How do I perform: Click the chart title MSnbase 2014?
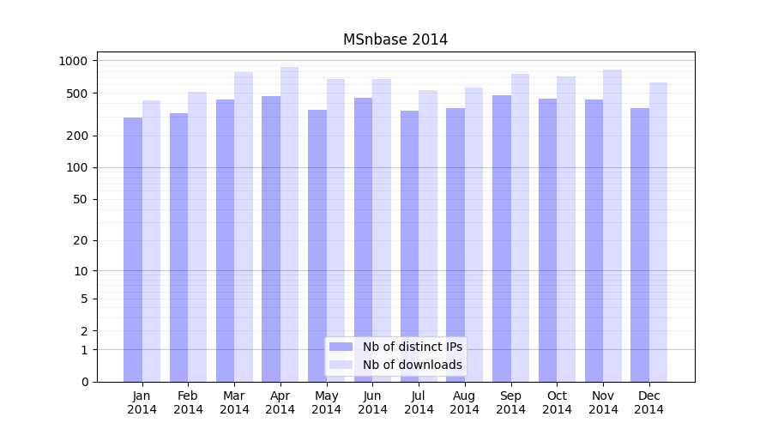(x=395, y=39)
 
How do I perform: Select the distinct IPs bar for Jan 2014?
(x=133, y=249)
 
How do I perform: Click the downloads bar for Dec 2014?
(x=658, y=232)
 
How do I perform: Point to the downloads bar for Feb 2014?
(x=197, y=237)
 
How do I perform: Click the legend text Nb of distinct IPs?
(x=412, y=347)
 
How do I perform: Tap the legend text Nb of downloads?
(x=412, y=365)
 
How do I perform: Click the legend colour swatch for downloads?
(x=341, y=365)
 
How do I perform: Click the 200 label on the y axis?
(x=77, y=136)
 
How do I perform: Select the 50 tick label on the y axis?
(x=80, y=199)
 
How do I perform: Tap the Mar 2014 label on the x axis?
(x=234, y=402)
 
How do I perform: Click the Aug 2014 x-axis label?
(x=464, y=402)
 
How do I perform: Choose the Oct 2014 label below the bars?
(x=557, y=402)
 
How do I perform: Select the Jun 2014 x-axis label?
(x=372, y=402)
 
